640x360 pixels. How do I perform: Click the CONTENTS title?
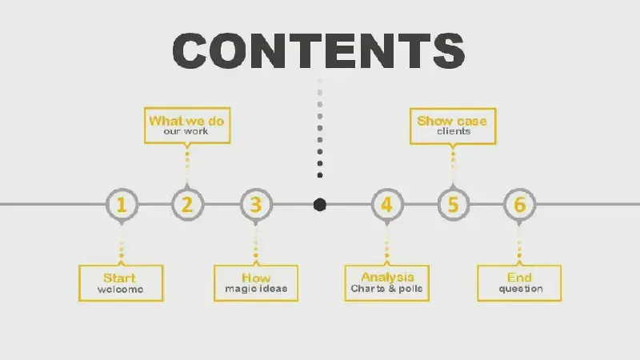(318, 50)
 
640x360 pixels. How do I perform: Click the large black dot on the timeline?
(319, 205)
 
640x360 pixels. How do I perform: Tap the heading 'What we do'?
(186, 121)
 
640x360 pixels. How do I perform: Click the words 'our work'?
(186, 131)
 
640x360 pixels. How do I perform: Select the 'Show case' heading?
(452, 121)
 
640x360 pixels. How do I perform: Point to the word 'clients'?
(454, 131)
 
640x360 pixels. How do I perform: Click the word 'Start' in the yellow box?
(119, 278)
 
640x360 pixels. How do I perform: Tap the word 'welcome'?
(121, 290)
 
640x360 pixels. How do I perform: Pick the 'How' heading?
(256, 278)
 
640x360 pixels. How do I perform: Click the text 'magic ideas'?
(256, 289)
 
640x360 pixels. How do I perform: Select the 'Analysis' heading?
(387, 277)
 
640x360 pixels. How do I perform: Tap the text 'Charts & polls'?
(386, 289)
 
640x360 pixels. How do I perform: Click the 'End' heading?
(519, 278)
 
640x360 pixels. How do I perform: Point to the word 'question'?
(521, 289)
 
